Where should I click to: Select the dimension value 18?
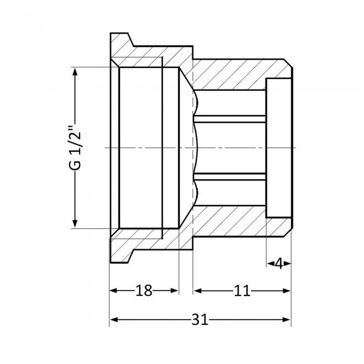point(144,291)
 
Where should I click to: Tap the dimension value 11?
point(241,291)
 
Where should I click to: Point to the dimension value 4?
point(279,264)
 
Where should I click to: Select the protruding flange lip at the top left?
point(121,41)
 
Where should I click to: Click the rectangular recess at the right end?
point(278,148)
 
